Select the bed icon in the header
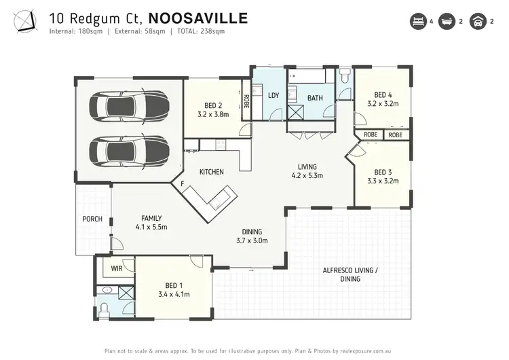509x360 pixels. tap(417, 22)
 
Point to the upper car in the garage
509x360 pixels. tap(129, 107)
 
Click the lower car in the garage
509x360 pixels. tap(129, 150)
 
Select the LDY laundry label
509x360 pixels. tap(274, 96)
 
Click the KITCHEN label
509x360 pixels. tap(212, 172)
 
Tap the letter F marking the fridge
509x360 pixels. tap(182, 183)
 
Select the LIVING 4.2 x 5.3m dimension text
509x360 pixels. tap(307, 175)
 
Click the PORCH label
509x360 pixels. tap(92, 219)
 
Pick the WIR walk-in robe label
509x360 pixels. tap(116, 269)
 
